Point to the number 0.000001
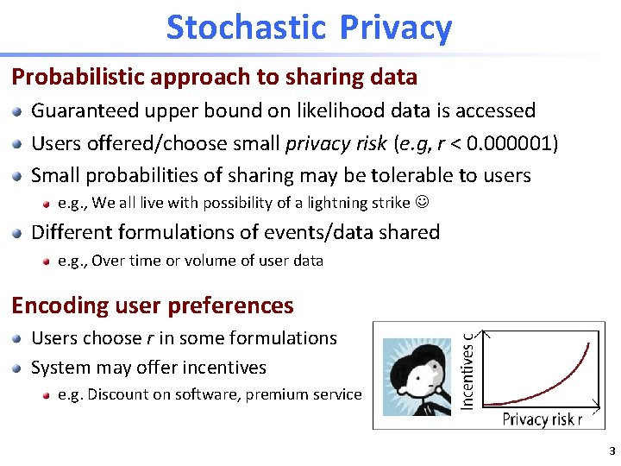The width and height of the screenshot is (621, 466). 507,143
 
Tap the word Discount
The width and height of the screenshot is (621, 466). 117,394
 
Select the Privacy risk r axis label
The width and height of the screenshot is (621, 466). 543,419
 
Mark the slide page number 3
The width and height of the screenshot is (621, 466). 612,451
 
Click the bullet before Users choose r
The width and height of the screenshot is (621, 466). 18,338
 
